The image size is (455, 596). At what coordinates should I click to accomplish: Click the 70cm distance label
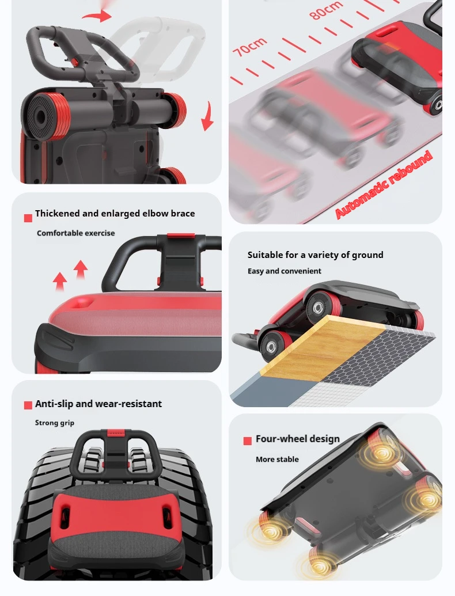[249, 47]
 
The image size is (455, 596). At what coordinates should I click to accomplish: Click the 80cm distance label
[326, 10]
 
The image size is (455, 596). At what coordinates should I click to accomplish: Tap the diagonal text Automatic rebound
[384, 185]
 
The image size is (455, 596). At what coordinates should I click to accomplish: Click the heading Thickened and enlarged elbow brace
[115, 214]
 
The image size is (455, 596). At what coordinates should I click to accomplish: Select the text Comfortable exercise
[75, 233]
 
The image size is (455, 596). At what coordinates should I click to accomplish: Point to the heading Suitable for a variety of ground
[315, 255]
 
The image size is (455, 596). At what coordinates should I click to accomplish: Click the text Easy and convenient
[285, 271]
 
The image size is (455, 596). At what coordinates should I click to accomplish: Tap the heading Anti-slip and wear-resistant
[98, 404]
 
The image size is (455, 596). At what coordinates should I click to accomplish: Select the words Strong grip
[55, 423]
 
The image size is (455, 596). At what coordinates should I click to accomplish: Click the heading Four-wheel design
[298, 439]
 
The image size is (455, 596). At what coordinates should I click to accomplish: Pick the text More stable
[277, 459]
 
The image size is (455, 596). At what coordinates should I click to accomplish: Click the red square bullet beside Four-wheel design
[248, 441]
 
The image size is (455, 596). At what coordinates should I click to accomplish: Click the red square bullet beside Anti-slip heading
[28, 405]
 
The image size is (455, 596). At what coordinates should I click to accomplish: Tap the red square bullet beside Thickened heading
[28, 218]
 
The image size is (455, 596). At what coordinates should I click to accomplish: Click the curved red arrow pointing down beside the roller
[207, 116]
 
